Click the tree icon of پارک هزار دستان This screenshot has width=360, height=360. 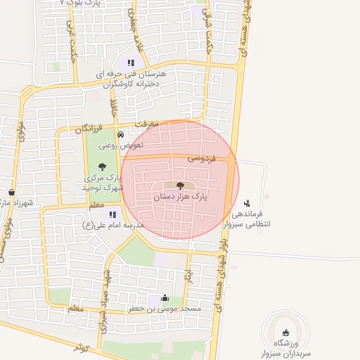tap(180, 186)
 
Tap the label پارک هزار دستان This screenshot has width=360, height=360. tap(180, 198)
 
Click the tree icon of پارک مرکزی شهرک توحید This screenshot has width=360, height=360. tap(103, 167)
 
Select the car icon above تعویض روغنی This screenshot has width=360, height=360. tap(121, 134)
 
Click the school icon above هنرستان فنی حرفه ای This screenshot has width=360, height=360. tap(131, 63)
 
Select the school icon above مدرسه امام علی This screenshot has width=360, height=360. tap(112, 214)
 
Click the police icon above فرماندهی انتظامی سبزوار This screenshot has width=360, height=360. tap(245, 202)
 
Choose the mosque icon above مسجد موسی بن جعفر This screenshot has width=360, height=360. tap(165, 297)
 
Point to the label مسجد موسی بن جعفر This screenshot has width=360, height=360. tap(165, 309)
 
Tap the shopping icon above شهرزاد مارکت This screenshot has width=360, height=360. tap(11, 192)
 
